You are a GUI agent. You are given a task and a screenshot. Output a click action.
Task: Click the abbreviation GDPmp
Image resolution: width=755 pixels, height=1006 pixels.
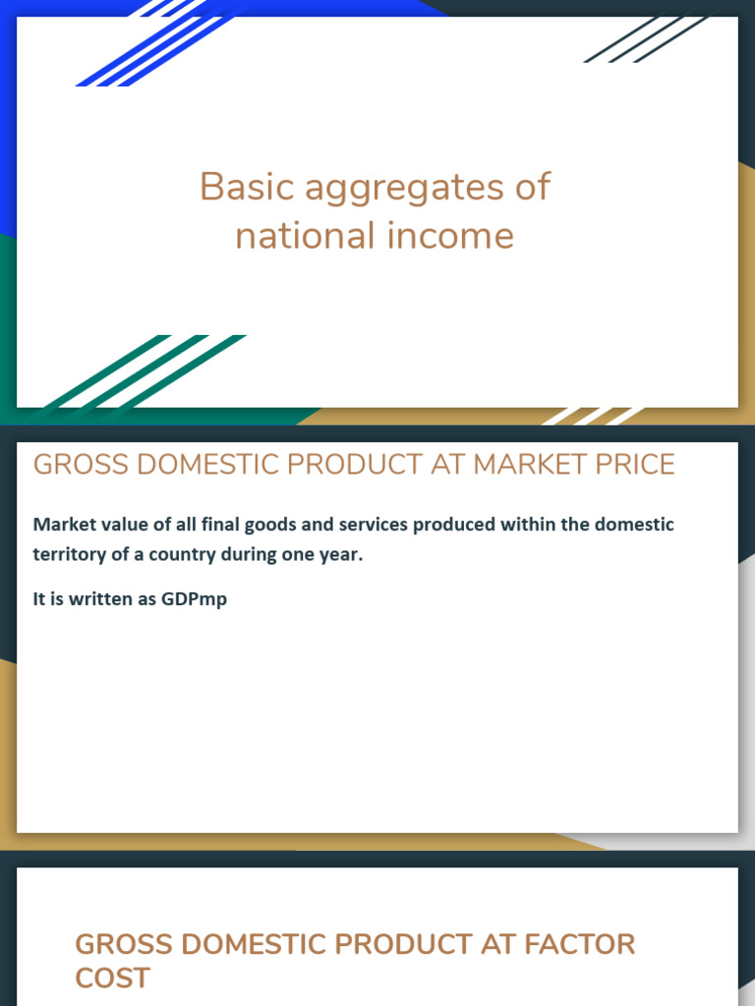195,599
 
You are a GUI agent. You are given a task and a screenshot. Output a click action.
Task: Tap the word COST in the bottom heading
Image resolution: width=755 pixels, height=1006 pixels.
112,978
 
